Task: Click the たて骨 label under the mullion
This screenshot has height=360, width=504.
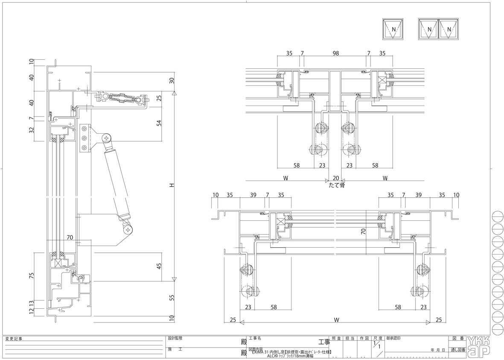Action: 336,185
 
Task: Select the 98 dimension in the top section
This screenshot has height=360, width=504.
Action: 335,53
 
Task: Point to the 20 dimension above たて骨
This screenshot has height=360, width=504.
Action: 336,178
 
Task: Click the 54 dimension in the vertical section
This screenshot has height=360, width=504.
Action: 160,123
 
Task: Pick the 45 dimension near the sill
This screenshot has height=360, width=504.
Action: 160,266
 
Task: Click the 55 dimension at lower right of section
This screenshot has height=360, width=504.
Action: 172,298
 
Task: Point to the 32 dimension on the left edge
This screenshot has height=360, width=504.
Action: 31,130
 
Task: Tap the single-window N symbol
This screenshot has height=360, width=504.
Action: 393,29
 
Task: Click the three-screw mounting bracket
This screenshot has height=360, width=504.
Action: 84,138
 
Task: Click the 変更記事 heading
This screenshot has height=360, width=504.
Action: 14,339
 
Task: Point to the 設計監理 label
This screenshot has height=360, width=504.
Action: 175,338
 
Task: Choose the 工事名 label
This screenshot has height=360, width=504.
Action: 255,338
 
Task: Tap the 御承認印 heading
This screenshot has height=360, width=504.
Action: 393,338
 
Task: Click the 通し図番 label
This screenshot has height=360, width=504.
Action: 457,350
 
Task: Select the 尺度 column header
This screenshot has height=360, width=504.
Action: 378,338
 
